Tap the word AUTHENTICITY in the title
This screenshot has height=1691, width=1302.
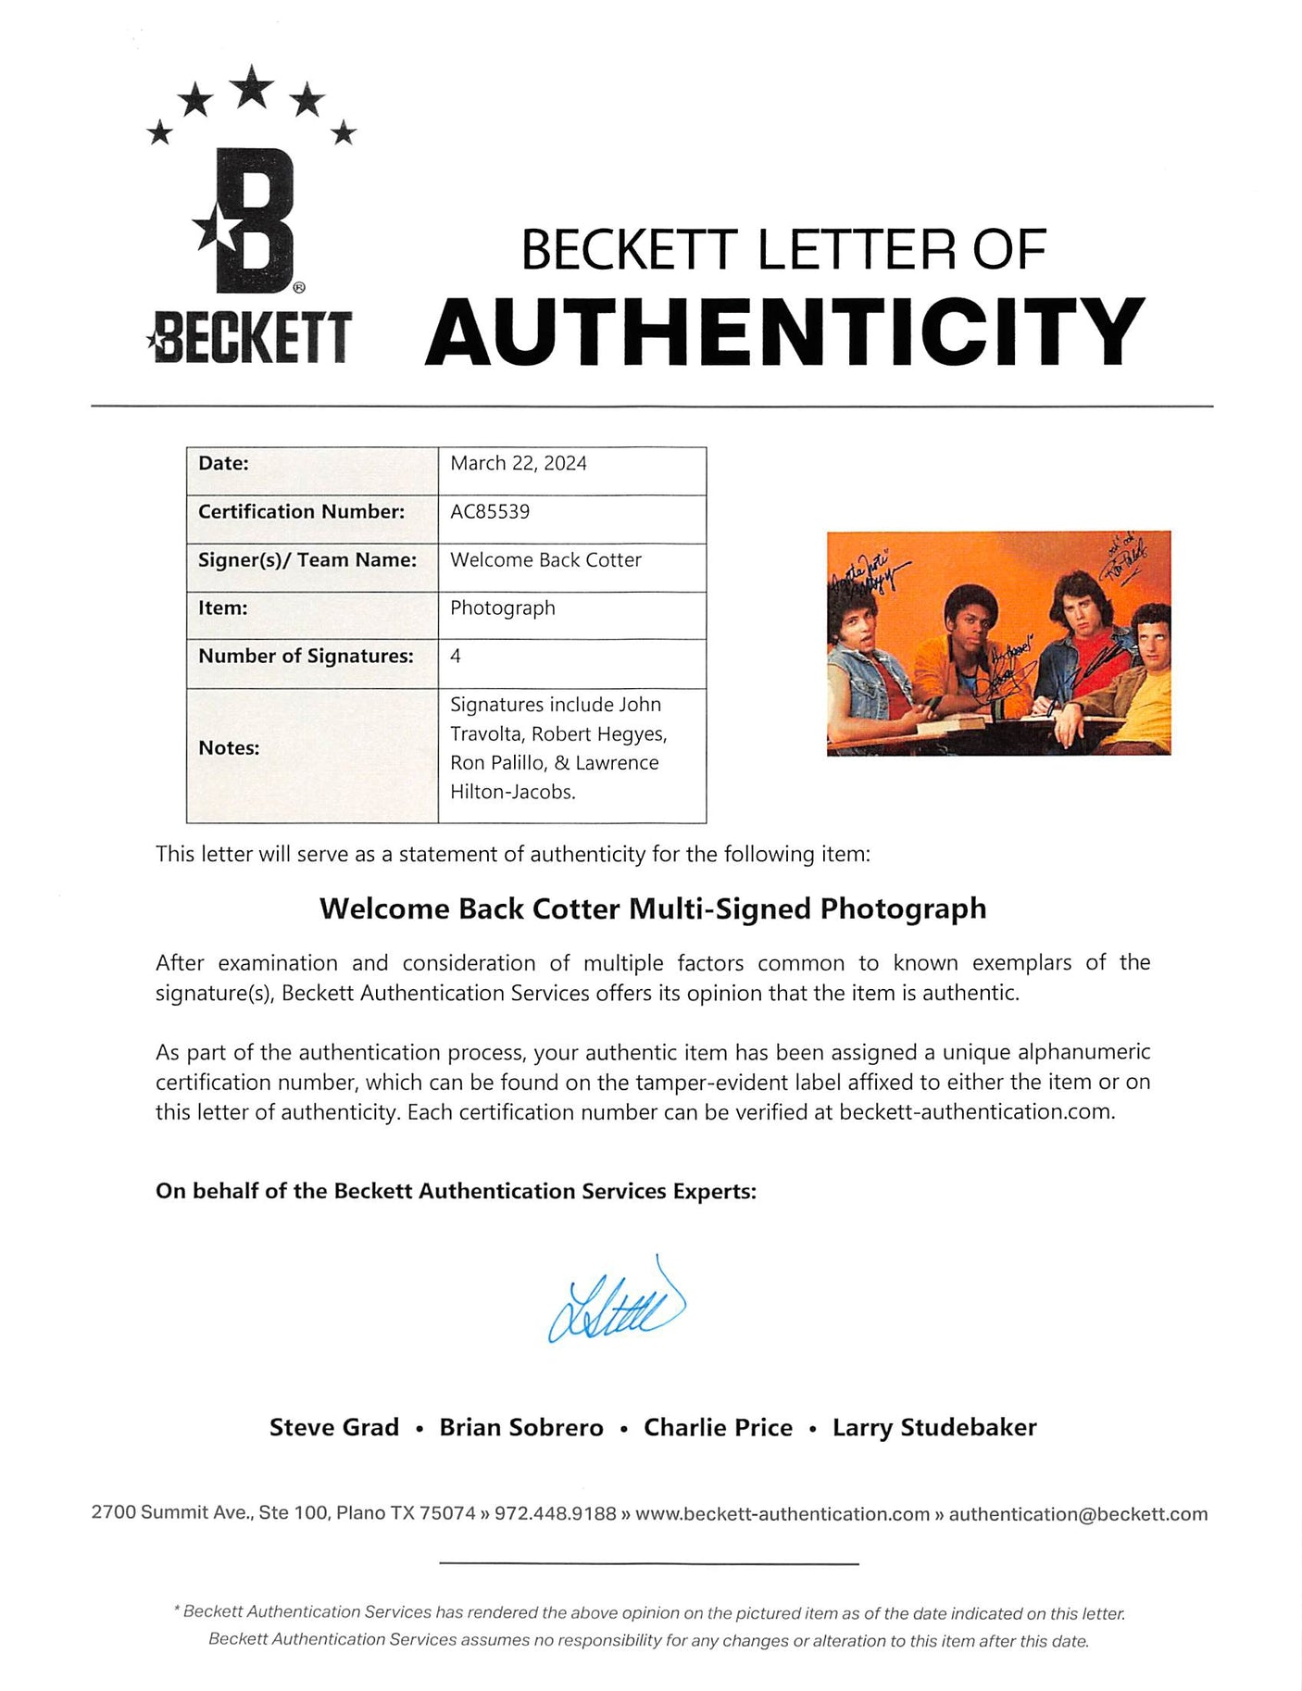click(x=784, y=332)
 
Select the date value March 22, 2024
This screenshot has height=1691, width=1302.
click(x=519, y=463)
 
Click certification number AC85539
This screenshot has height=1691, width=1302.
click(x=490, y=511)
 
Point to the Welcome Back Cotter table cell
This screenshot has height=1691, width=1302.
click(x=545, y=559)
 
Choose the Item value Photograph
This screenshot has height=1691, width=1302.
click(x=503, y=608)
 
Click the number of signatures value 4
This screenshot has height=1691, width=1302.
click(x=456, y=656)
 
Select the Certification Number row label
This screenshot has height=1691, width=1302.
click(x=301, y=511)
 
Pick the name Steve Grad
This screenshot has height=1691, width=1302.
click(x=334, y=1427)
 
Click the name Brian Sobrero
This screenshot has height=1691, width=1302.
click(x=521, y=1427)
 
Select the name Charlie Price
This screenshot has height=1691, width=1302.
click(x=718, y=1427)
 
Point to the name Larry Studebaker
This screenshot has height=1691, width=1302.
click(x=934, y=1427)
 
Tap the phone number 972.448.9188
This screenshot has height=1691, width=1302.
click(x=555, y=1513)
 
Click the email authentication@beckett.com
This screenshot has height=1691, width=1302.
click(x=1078, y=1513)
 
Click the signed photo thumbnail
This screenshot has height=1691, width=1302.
click(x=998, y=643)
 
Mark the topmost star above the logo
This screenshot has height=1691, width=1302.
click(x=251, y=87)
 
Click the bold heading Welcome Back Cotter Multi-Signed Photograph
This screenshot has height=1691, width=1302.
click(x=653, y=908)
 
